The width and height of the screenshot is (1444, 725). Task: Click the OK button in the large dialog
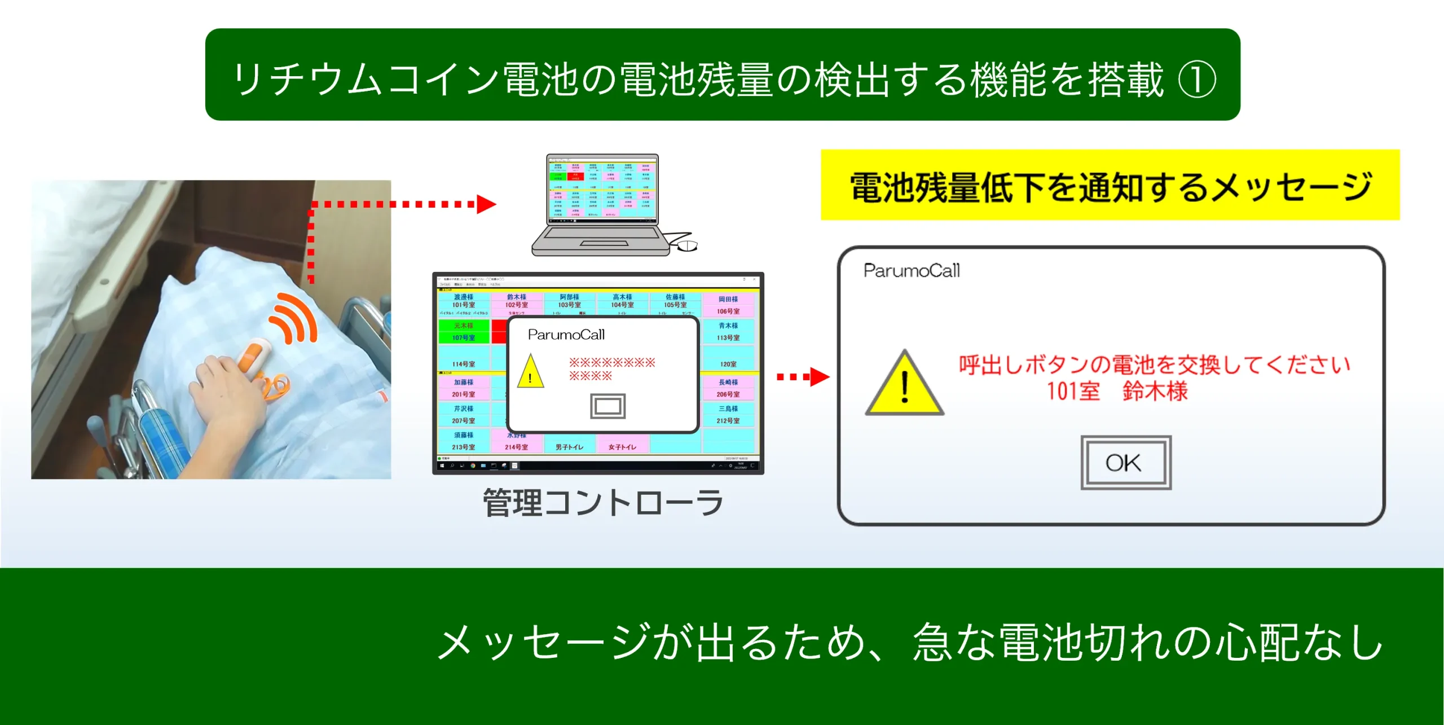pyautogui.click(x=1125, y=463)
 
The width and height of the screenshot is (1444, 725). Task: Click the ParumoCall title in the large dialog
pyautogui.click(x=911, y=271)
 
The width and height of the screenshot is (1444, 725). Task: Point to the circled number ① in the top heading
pyautogui.click(x=1197, y=80)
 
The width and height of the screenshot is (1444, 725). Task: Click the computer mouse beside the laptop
pyautogui.click(x=687, y=245)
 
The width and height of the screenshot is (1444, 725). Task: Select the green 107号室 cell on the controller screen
pyautogui.click(x=464, y=332)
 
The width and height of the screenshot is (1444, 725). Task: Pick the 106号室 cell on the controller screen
pyautogui.click(x=728, y=305)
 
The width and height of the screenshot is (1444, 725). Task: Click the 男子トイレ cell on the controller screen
pyautogui.click(x=569, y=446)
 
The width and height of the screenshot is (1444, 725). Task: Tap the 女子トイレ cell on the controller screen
pyautogui.click(x=622, y=446)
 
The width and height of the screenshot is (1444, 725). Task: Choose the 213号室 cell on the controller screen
pyautogui.click(x=464, y=441)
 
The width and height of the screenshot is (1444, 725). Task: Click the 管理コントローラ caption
pyautogui.click(x=603, y=503)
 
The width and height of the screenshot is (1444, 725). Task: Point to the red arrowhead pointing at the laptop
pyautogui.click(x=486, y=204)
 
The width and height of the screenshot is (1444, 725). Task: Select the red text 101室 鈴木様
pyautogui.click(x=1117, y=391)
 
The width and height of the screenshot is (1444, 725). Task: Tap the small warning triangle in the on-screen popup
pyautogui.click(x=530, y=372)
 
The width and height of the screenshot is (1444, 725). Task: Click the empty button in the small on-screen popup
pyautogui.click(x=607, y=406)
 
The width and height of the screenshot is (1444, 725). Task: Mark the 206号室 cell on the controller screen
pyautogui.click(x=728, y=388)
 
